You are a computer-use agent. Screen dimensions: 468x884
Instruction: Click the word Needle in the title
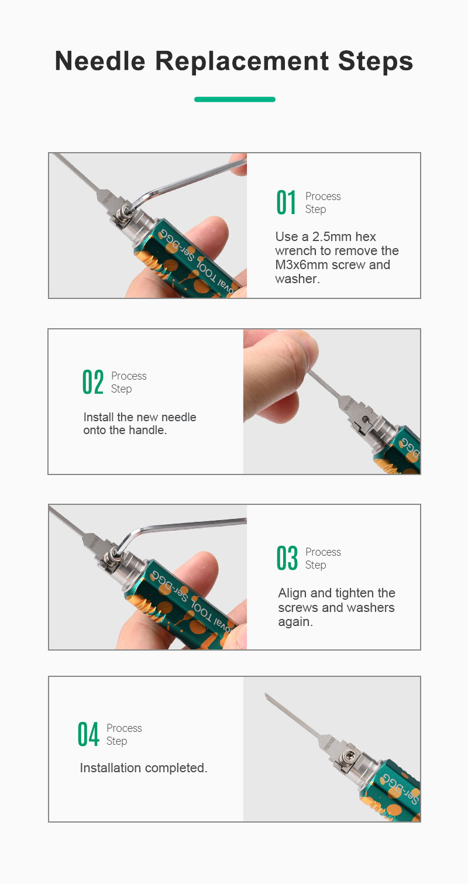(x=100, y=61)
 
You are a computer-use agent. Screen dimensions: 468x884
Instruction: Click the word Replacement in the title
(x=242, y=61)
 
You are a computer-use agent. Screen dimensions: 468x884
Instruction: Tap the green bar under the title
(x=235, y=99)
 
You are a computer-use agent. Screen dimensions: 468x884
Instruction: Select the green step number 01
(x=286, y=202)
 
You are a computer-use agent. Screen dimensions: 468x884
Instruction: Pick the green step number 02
(x=93, y=381)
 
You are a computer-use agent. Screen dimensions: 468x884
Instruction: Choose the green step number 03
(x=287, y=558)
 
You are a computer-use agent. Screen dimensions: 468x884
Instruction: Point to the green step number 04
(x=88, y=734)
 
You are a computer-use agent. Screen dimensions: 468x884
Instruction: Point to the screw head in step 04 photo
(x=350, y=756)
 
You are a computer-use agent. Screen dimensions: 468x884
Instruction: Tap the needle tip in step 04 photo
(x=266, y=694)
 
